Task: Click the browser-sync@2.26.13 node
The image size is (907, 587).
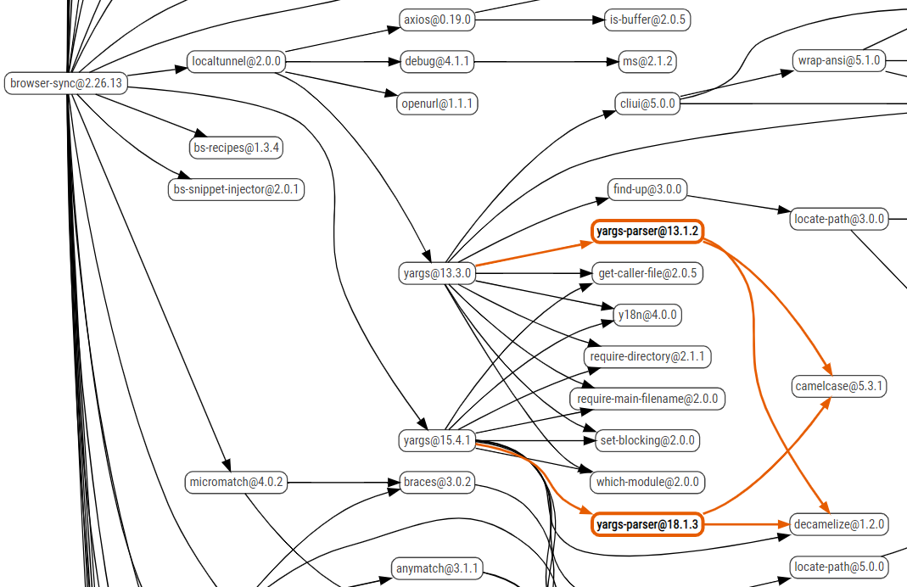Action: click(66, 83)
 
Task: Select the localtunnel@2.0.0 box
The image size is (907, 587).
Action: click(237, 62)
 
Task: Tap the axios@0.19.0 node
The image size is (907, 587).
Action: click(437, 20)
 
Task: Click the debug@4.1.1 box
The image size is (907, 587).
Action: click(437, 62)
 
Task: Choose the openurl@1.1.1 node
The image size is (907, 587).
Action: click(437, 104)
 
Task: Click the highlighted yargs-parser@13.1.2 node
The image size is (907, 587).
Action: click(647, 231)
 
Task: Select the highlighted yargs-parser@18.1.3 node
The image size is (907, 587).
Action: click(647, 525)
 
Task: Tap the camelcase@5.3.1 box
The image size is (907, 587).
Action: click(839, 386)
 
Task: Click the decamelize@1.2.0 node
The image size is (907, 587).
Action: click(838, 524)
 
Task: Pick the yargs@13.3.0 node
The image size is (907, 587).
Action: click(437, 273)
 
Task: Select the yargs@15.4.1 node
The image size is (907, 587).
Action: click(437, 440)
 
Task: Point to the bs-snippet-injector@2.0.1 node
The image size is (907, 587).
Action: click(236, 189)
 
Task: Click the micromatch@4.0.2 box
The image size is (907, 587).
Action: click(236, 483)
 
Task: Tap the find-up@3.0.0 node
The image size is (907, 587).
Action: click(648, 189)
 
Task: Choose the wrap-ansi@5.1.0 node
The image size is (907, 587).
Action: click(838, 61)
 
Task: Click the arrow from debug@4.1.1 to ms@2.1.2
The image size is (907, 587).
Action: click(543, 62)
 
